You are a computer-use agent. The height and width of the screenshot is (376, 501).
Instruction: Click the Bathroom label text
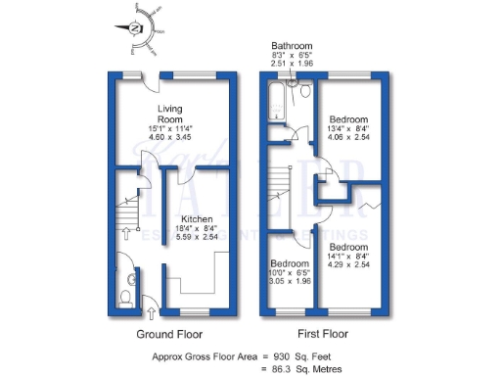pos(292,45)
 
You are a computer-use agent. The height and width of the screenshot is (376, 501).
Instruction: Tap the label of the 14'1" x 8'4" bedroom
pos(347,247)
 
